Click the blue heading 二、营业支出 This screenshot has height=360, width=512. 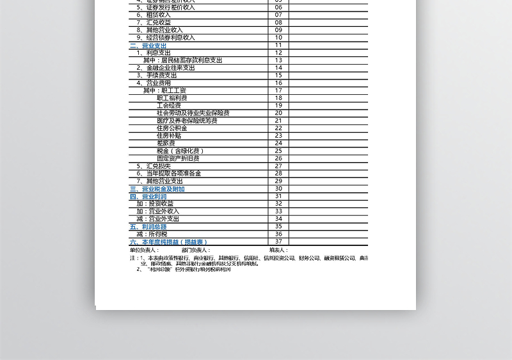(148, 45)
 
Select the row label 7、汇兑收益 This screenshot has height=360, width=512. (154, 22)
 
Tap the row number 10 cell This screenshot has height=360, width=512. (278, 38)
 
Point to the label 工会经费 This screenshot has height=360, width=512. (168, 106)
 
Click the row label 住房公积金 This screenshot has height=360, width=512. (172, 128)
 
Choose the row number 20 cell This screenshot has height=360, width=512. (278, 113)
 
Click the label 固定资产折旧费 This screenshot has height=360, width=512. (178, 158)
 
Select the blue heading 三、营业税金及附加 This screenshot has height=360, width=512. (157, 189)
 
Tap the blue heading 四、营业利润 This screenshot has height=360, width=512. (148, 197)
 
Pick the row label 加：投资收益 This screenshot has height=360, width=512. (155, 204)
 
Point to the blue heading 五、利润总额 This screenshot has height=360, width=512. (148, 227)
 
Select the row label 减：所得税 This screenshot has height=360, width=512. (152, 234)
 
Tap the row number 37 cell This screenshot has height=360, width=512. (278, 241)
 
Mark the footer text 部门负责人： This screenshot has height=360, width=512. (196, 250)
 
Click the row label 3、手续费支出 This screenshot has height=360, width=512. (157, 76)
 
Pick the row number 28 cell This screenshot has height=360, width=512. (278, 174)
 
